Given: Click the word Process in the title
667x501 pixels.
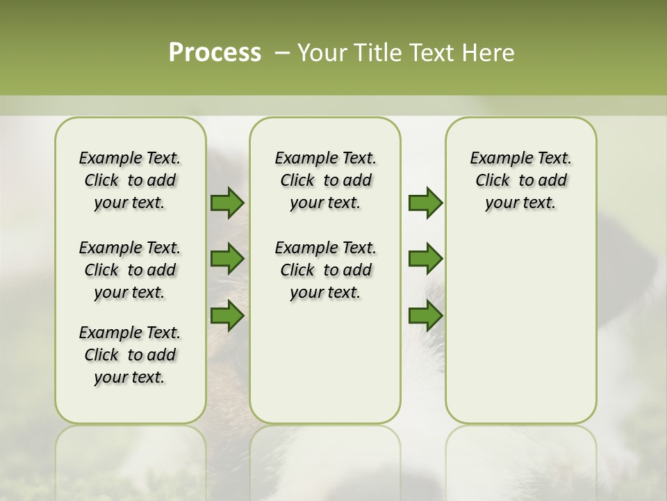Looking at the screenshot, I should (x=215, y=53).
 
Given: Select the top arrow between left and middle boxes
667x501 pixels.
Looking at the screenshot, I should (x=227, y=203).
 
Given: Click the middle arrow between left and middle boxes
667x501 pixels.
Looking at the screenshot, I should (x=227, y=259).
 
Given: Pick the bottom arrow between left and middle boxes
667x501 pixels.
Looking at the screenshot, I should (x=227, y=316).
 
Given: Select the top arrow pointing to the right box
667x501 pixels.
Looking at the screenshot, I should (x=425, y=203).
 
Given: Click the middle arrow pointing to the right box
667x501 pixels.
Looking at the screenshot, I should (x=425, y=259).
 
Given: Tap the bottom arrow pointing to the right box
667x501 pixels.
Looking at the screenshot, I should (x=425, y=316).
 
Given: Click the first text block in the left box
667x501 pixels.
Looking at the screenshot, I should (x=130, y=180).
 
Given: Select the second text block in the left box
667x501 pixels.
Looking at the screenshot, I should (x=130, y=270).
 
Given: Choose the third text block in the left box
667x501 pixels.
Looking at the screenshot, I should (x=130, y=355).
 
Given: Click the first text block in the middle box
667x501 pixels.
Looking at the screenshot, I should (x=325, y=180).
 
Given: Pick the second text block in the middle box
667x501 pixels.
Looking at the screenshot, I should (x=325, y=270).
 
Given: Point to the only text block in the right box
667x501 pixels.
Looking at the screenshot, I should (x=520, y=180).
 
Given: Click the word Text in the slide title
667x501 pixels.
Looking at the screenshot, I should (x=435, y=53).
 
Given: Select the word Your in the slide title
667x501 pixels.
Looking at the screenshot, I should (x=322, y=53).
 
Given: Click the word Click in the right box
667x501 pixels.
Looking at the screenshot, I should (x=493, y=181).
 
